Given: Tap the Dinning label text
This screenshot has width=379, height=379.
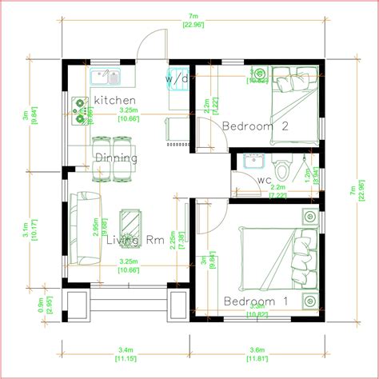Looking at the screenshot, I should (117, 158).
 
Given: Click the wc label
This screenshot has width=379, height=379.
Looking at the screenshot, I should (264, 180).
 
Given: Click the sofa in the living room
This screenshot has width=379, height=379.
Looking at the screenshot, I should (82, 229).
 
